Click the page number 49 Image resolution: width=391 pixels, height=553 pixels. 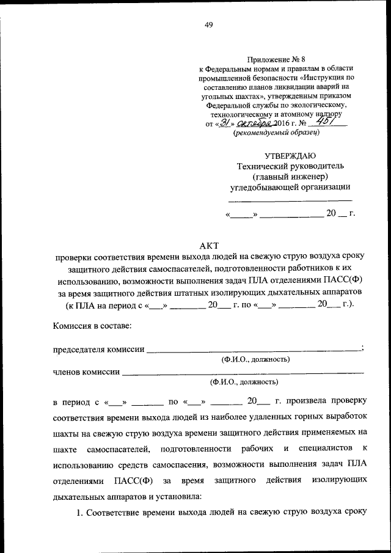click(208, 25)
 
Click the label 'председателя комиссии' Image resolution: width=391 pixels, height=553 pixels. click(99, 350)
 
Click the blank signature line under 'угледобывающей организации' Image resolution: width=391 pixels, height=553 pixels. click(290, 200)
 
